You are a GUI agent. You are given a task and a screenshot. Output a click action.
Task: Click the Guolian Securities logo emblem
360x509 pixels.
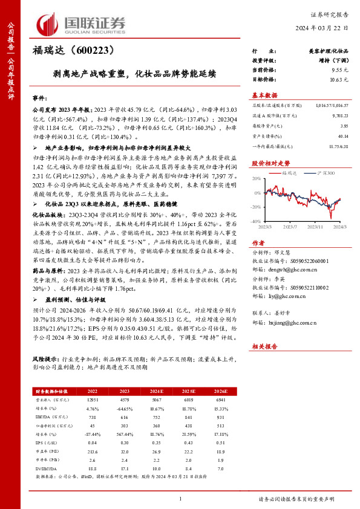point(49,23)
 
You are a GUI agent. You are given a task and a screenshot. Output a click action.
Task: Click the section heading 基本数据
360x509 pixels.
point(264,96)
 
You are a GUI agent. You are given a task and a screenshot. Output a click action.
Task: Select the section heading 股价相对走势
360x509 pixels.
point(269,163)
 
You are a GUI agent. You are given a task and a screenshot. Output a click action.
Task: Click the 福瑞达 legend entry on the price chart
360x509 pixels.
point(290,173)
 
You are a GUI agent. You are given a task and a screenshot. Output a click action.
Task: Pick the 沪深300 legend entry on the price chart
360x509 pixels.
point(324,173)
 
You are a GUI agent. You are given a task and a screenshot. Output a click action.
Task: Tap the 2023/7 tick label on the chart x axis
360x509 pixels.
point(290,227)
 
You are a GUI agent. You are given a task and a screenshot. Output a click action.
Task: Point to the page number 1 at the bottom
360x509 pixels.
point(180,498)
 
